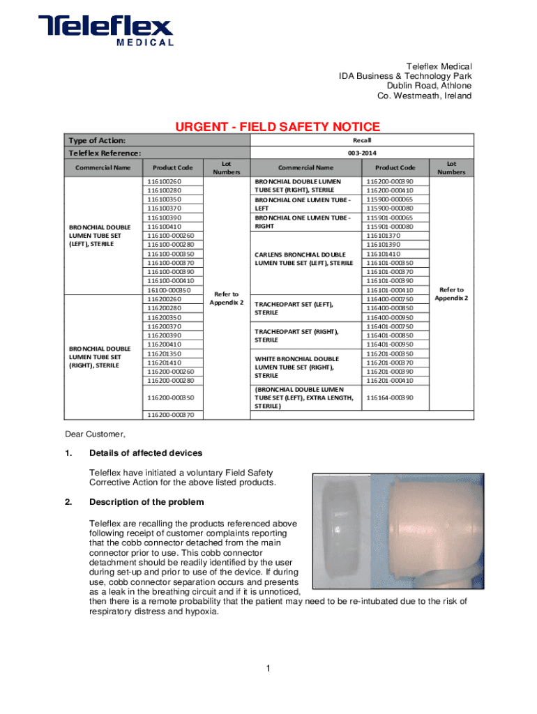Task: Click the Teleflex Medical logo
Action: (106, 31)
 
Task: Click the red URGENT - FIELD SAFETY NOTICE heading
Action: (277, 127)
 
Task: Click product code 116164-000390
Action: (389, 397)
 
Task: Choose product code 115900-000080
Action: (389, 208)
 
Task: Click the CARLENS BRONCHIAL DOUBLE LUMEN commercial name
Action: (304, 258)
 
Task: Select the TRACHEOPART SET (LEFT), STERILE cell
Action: (294, 308)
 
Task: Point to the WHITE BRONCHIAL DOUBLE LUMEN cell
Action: (296, 367)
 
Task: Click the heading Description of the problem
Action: (146, 502)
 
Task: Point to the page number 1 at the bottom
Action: (268, 669)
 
